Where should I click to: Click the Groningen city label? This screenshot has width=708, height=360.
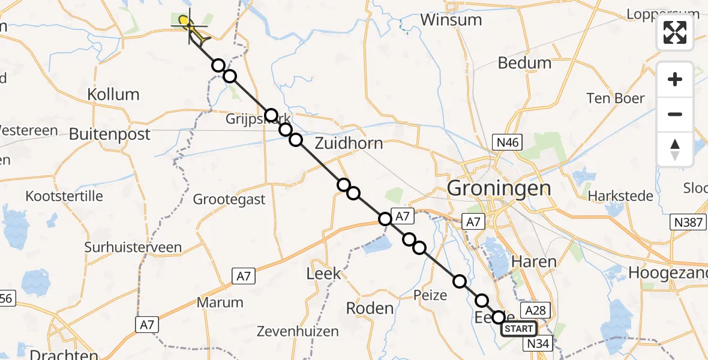pos(499,188)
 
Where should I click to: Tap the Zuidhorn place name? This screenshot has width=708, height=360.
pos(349,143)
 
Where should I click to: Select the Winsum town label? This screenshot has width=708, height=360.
pos(451,20)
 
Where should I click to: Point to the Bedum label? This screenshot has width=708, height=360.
pos(524,62)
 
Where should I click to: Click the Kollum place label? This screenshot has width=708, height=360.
pos(113,94)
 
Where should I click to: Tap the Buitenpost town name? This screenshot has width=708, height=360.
pos(109,134)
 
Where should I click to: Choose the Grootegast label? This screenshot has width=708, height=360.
pos(229,199)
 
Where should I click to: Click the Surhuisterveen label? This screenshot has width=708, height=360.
pos(133,247)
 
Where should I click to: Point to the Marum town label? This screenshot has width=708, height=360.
pos(223,302)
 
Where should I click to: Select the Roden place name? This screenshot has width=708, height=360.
pos(370,308)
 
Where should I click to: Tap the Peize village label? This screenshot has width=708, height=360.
pos(430,295)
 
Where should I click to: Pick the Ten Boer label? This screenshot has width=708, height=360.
pos(616,98)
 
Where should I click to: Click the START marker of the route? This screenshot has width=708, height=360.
pos(518,329)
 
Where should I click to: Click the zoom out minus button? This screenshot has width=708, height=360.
pos(675,114)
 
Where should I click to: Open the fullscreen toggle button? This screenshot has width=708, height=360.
pos(675,32)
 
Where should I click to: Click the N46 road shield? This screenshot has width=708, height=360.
pos(507,142)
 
